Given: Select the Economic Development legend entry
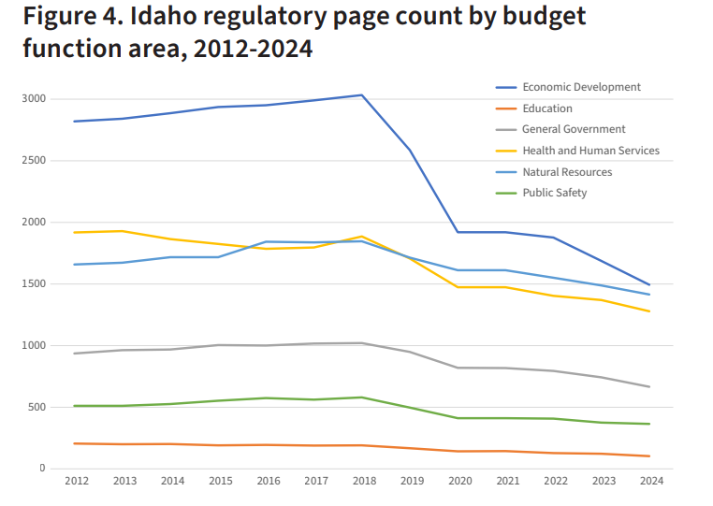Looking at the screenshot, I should point(581,87).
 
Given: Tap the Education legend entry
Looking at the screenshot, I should point(547,108).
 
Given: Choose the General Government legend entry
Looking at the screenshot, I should point(574,129).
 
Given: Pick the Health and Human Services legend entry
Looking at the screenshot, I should point(590,151).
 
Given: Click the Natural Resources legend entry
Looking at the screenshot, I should point(567,172).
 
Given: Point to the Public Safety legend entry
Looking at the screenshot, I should point(555,193).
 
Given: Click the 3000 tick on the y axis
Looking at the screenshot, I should point(33,99).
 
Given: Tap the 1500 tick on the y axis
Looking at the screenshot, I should point(33,284).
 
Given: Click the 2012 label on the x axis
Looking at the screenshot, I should point(76,481).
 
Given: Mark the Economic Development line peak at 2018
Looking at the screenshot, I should point(362,94).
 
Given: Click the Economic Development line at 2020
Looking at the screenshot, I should point(458,232).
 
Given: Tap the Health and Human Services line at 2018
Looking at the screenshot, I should point(362,237).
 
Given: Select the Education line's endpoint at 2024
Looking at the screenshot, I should point(648,456).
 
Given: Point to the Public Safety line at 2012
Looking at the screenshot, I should point(76,406).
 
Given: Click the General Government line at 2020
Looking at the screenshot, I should point(458,368).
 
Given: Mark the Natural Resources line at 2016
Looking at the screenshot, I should point(267,241).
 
